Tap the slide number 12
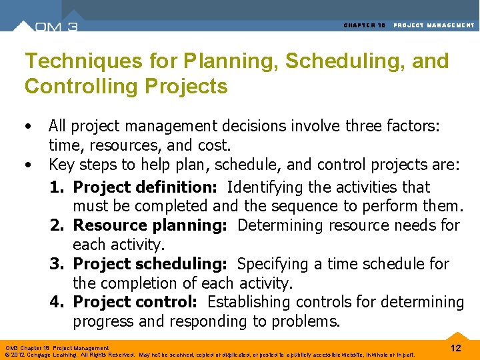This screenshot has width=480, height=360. [x=455, y=348]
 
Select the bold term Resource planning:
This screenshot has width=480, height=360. [x=150, y=225]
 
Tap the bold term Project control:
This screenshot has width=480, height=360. [x=135, y=302]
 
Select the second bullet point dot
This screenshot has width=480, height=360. [x=27, y=165]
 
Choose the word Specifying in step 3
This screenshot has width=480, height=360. [x=272, y=264]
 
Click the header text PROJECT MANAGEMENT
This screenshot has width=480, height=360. [x=434, y=25]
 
